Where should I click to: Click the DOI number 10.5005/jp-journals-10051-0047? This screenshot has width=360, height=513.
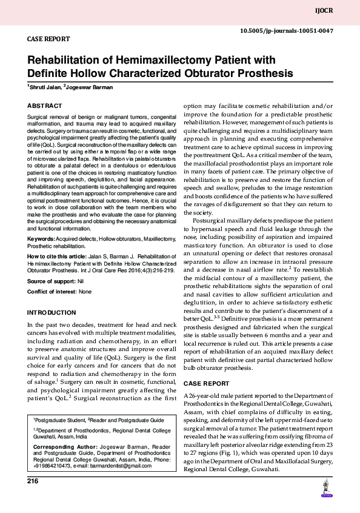coord(287,30)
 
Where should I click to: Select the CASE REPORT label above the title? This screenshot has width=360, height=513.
coord(48,39)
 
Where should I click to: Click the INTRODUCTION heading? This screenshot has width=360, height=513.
coord(52,312)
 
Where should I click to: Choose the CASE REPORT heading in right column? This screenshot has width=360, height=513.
coord(206,384)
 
